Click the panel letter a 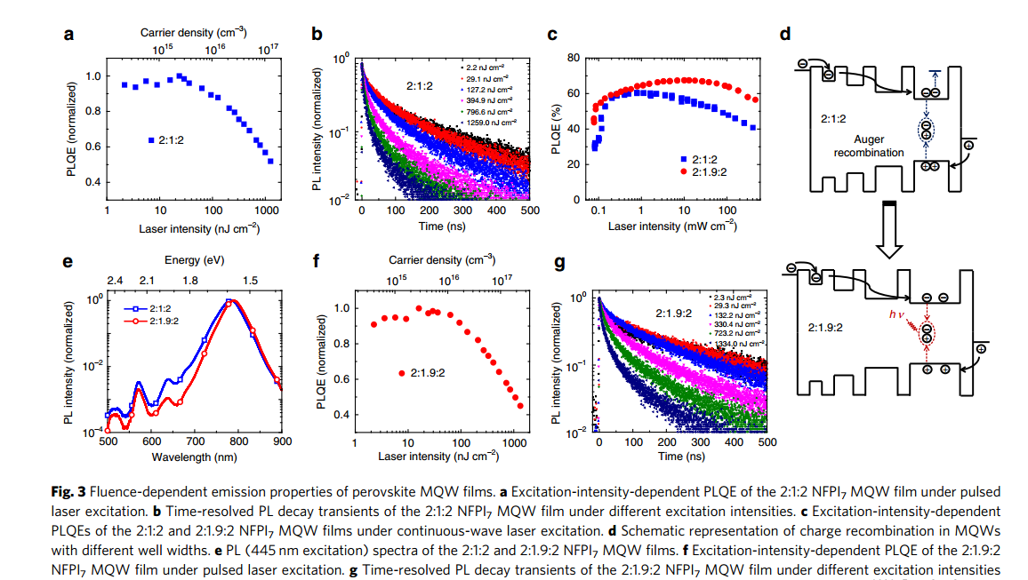point(68,36)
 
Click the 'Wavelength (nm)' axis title point(193,457)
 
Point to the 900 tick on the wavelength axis point(281,441)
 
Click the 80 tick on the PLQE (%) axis point(574,59)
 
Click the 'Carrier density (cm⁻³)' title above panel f point(441,260)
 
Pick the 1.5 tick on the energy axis point(252,280)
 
